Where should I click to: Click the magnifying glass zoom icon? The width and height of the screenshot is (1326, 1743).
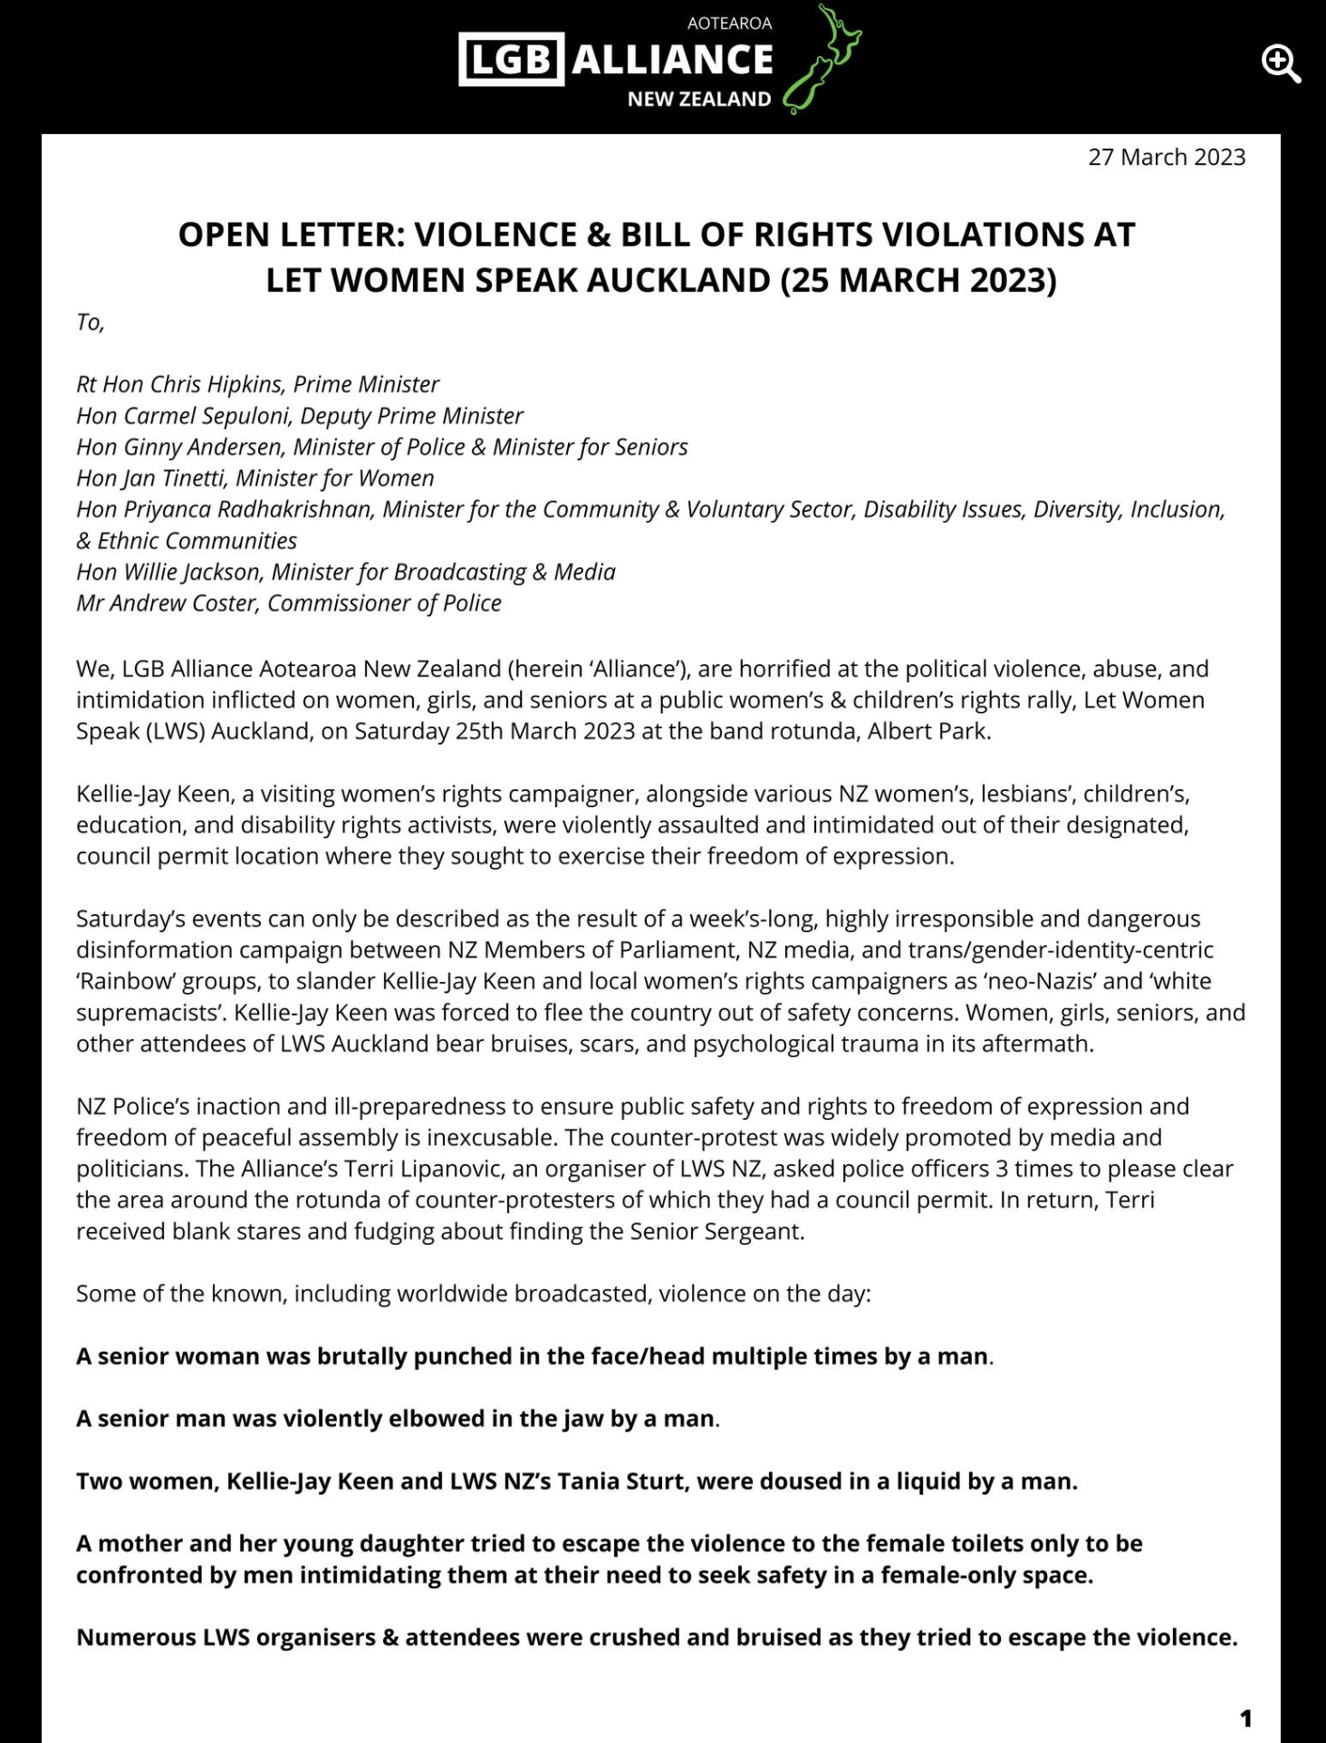(x=1281, y=64)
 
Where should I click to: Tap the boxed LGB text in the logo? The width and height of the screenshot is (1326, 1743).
(x=511, y=60)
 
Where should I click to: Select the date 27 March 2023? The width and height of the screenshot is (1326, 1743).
(x=1167, y=157)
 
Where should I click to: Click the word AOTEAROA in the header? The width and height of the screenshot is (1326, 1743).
(x=729, y=24)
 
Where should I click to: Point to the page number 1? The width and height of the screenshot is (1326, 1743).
(x=1245, y=1718)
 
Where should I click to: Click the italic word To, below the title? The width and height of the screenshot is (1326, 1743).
(x=91, y=323)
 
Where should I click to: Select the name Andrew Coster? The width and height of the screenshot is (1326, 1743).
(x=187, y=602)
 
